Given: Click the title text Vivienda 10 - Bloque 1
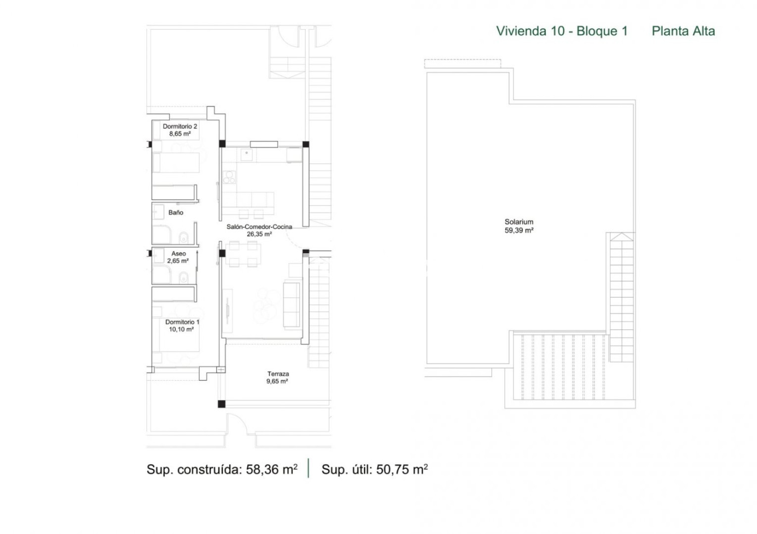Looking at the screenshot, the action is coord(561,31).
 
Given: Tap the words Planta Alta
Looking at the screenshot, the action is coord(683,31).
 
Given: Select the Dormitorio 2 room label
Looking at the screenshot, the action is coord(180,126).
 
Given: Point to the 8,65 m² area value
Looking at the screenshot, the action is coord(180,133).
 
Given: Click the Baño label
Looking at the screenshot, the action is coord(176,212).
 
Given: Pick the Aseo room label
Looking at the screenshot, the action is coord(178,254).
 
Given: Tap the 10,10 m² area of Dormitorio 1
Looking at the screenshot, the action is coord(181,329).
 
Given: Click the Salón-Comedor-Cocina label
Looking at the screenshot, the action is coord(259,227).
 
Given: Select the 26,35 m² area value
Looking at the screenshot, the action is coord(259,234).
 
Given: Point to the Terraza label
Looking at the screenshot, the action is coord(278,374).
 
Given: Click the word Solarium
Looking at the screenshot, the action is coord(519,222).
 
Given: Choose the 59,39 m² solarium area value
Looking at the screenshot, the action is coord(519,230).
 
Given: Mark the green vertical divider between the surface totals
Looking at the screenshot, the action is coord(308,468).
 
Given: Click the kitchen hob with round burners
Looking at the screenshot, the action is coord(229,177).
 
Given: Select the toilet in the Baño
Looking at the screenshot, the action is coord(184,237).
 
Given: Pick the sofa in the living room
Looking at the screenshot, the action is coord(292,304).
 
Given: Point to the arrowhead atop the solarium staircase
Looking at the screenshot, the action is coord(622,237).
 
